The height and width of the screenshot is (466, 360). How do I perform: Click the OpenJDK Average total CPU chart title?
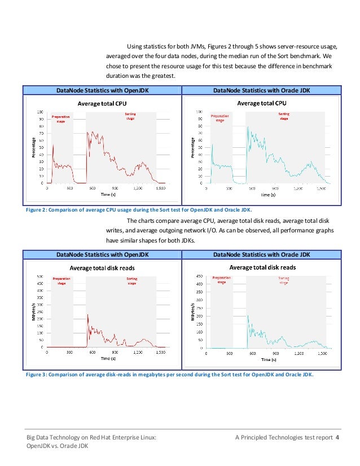[x=102, y=104]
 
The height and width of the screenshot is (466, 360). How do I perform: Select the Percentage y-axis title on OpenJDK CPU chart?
[x=34, y=147]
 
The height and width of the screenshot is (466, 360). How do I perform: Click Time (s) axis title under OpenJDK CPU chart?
[x=109, y=195]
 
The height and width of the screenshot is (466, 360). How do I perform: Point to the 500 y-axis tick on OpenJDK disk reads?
[x=41, y=276]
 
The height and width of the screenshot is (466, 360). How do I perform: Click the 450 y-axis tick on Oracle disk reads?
[x=199, y=276]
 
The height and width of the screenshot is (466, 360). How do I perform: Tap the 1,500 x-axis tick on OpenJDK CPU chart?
[x=160, y=188]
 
